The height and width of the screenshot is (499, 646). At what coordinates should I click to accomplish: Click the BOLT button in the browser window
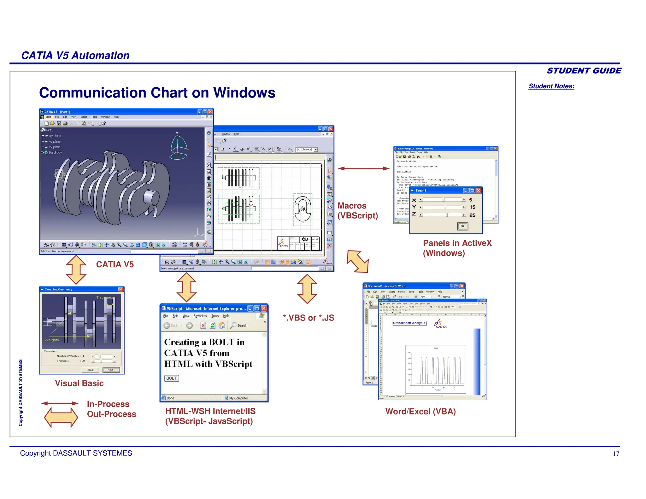tap(172, 378)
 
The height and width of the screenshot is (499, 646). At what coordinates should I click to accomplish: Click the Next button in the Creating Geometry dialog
tap(111, 370)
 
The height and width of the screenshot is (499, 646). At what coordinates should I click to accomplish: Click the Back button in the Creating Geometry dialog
tap(91, 370)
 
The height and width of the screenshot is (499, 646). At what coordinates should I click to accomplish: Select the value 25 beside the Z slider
tap(472, 215)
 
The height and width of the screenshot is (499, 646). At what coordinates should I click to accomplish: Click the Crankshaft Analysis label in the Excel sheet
tap(409, 323)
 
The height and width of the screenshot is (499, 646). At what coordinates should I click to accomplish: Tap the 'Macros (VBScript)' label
tap(357, 210)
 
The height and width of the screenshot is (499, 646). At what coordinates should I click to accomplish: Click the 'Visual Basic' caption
tap(79, 383)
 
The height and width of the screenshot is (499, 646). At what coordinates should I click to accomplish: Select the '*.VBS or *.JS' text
tap(308, 318)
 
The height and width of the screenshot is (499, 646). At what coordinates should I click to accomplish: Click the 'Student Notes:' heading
tap(551, 86)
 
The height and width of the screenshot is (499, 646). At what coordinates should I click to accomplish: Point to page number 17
tap(616, 454)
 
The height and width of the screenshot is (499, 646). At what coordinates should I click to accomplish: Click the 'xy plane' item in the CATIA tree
tap(55, 136)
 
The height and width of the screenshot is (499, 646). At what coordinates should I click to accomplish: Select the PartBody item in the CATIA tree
tap(55, 153)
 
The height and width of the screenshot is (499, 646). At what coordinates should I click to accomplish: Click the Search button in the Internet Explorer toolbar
tap(239, 325)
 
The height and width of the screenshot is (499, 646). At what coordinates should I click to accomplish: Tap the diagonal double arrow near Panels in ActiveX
tap(357, 261)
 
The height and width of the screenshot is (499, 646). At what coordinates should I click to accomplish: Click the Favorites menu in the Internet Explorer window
tap(200, 316)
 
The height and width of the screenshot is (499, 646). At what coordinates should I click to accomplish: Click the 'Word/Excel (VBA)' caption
tap(420, 412)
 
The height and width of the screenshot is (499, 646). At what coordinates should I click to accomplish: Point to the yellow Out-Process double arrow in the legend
tap(61, 417)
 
